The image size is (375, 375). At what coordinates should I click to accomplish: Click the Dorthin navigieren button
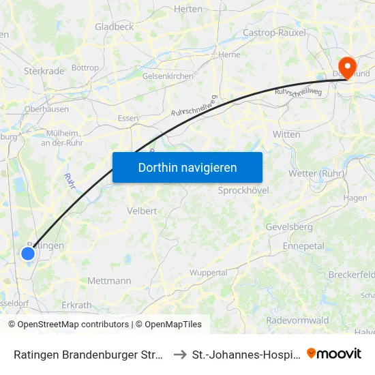click(x=187, y=167)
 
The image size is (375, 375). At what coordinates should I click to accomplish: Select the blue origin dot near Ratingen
click(x=28, y=254)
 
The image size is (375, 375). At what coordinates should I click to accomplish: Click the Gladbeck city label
click(x=115, y=27)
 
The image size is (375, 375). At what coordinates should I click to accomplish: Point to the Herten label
click(x=189, y=9)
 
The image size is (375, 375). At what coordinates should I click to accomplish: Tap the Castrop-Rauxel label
click(x=275, y=32)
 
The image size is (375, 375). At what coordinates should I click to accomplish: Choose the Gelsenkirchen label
click(x=168, y=76)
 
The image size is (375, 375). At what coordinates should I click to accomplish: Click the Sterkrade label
click(x=44, y=70)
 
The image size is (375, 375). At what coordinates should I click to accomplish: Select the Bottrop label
click(x=85, y=68)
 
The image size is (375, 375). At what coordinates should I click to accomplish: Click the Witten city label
click(x=286, y=134)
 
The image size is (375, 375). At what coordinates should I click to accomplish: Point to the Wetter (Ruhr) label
click(x=317, y=173)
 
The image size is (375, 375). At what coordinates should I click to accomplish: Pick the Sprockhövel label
click(x=243, y=190)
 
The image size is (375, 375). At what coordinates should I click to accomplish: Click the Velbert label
click(x=142, y=211)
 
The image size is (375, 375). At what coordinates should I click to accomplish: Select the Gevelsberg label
click(x=289, y=226)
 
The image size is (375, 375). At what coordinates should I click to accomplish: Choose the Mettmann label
click(x=109, y=280)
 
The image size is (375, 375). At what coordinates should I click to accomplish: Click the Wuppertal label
click(x=208, y=273)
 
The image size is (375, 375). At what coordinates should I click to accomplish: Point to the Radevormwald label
click(x=297, y=320)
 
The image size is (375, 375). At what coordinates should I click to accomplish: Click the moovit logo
click(x=334, y=353)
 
